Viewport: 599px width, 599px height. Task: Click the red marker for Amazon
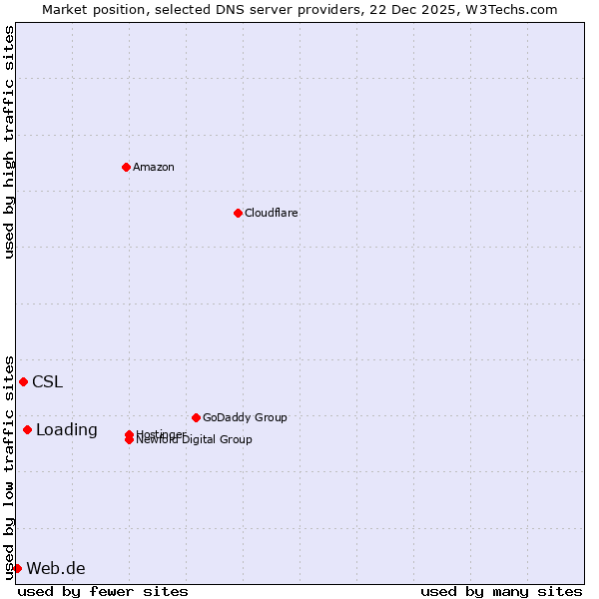point(126,167)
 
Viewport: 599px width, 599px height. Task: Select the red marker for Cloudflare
point(238,213)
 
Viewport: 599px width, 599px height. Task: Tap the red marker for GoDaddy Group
point(196,417)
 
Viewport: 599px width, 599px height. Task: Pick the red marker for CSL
point(23,381)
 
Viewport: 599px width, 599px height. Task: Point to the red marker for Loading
point(27,429)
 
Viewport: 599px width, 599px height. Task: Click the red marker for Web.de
point(17,568)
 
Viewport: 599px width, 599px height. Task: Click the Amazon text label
point(154,167)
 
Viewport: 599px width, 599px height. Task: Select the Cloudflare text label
point(272,213)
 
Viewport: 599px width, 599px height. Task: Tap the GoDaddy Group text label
point(245,417)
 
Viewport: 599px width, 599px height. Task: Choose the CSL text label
point(47,381)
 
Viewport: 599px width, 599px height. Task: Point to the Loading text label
point(67,429)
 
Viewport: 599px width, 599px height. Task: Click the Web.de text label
point(56,568)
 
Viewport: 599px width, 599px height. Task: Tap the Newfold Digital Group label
point(195,440)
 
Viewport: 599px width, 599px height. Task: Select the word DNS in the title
point(234,9)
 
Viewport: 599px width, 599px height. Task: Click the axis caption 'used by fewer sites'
point(103,591)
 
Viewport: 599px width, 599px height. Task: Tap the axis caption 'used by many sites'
point(501,591)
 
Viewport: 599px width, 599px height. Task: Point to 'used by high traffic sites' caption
point(9,142)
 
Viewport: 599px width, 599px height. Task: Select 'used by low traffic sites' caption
point(9,466)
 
